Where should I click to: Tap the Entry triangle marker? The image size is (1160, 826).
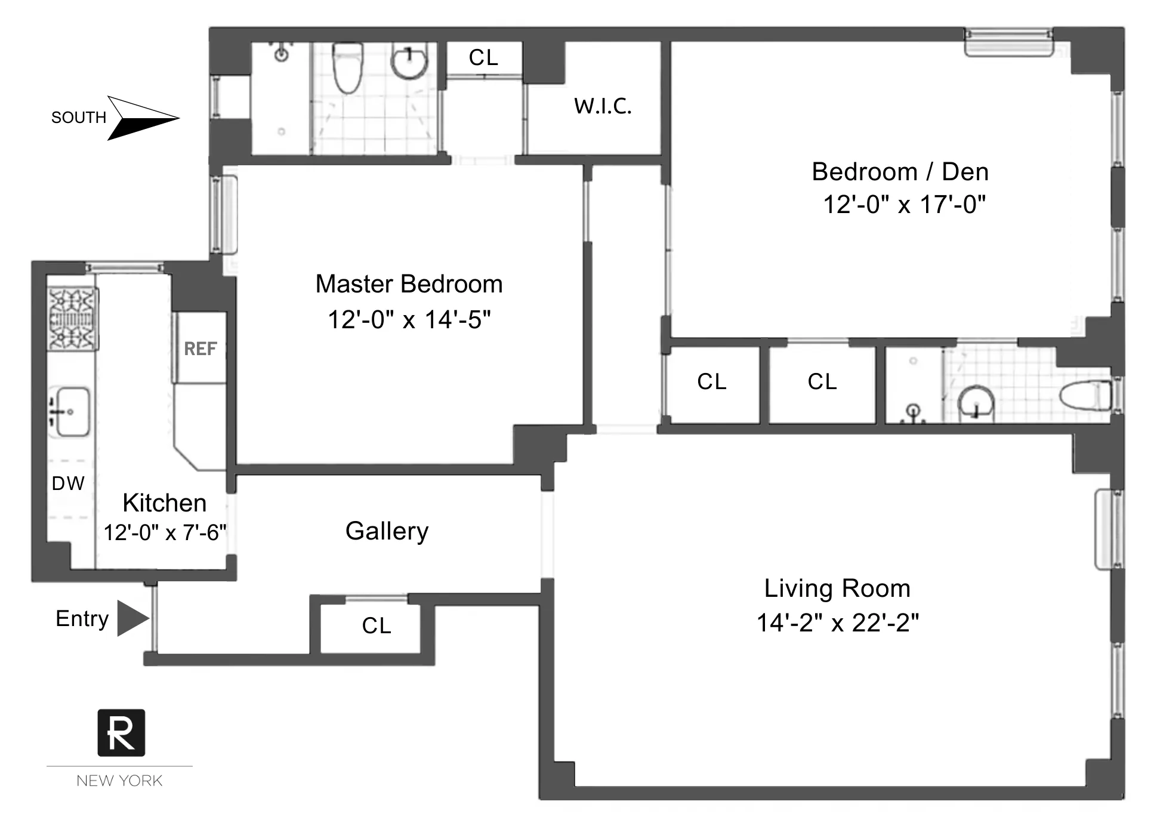pyautogui.click(x=132, y=618)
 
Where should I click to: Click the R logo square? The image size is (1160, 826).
pyautogui.click(x=121, y=733)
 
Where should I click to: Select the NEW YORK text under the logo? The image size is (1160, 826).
pyautogui.click(x=119, y=781)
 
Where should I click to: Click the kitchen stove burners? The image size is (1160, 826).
pyautogui.click(x=73, y=319)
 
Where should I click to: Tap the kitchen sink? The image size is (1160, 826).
pyautogui.click(x=71, y=412)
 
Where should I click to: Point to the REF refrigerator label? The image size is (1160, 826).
pyautogui.click(x=200, y=349)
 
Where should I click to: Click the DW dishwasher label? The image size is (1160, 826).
pyautogui.click(x=68, y=483)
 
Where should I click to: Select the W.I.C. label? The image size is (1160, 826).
pyautogui.click(x=603, y=106)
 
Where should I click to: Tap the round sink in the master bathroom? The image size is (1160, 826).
pyautogui.click(x=409, y=62)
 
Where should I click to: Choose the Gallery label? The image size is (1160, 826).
pyautogui.click(x=387, y=531)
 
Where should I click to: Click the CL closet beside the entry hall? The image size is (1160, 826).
pyautogui.click(x=377, y=626)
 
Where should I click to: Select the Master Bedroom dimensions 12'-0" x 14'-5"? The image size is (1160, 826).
pyautogui.click(x=409, y=320)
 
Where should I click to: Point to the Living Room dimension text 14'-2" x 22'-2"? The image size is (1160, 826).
pyautogui.click(x=837, y=623)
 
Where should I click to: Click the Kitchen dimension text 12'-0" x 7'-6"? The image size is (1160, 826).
pyautogui.click(x=165, y=532)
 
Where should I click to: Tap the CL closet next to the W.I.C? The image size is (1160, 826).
pyautogui.click(x=483, y=58)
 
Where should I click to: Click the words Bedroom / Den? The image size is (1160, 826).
pyautogui.click(x=900, y=172)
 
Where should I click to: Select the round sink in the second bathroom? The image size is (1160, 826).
pyautogui.click(x=975, y=402)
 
